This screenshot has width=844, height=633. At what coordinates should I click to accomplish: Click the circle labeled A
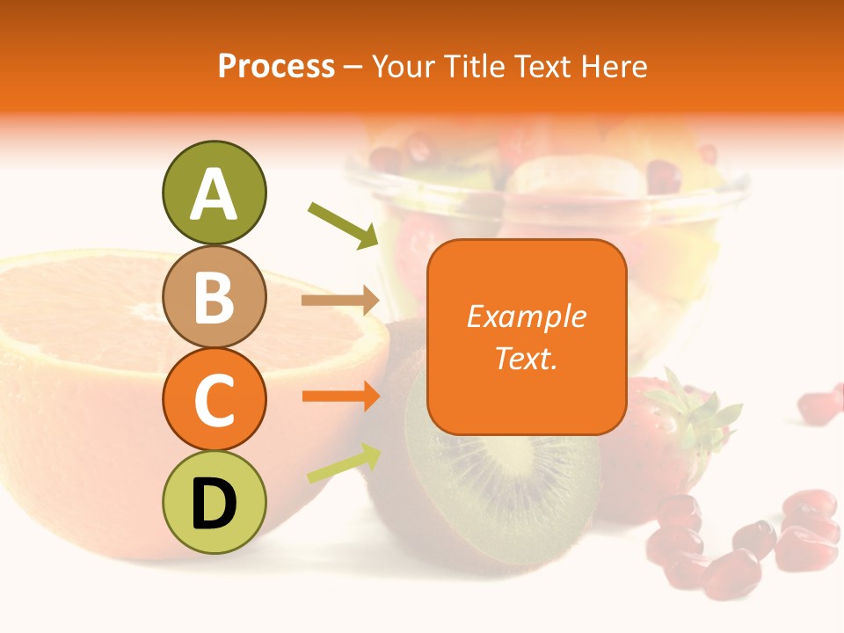point(214,193)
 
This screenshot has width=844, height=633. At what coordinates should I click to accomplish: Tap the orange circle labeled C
point(214,399)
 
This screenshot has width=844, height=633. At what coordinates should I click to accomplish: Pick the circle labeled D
point(214,502)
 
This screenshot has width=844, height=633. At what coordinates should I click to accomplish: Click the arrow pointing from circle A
point(344,225)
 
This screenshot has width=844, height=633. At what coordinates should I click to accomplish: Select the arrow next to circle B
point(340,301)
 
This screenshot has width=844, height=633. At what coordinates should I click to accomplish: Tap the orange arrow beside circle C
point(340,397)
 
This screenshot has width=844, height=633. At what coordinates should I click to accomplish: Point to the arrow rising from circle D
point(344,463)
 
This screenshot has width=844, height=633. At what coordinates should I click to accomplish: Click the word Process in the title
point(276,66)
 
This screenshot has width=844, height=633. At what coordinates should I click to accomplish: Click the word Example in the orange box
point(526,316)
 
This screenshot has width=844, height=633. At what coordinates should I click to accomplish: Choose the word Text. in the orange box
point(526,358)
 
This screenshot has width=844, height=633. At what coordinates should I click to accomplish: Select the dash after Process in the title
point(353,67)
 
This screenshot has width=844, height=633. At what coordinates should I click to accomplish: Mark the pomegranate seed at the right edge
point(821,404)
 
